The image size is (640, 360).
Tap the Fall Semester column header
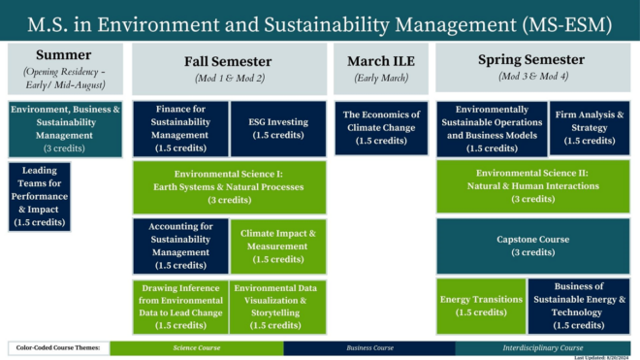(x=229, y=67)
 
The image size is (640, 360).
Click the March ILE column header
(x=381, y=67)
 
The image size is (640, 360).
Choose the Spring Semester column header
(x=532, y=67)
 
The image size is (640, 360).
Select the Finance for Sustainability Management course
(x=180, y=128)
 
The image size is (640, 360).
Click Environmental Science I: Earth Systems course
(x=229, y=186)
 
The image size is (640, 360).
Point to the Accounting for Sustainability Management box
(x=180, y=245)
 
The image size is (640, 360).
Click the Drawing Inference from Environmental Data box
(x=180, y=307)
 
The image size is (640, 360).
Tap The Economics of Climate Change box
(x=381, y=128)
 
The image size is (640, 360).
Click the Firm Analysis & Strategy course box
(x=590, y=128)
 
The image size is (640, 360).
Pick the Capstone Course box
(x=532, y=245)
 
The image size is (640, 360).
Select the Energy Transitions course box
(x=481, y=307)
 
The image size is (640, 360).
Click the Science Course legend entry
(x=196, y=347)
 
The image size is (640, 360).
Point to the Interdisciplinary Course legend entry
(x=546, y=347)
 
